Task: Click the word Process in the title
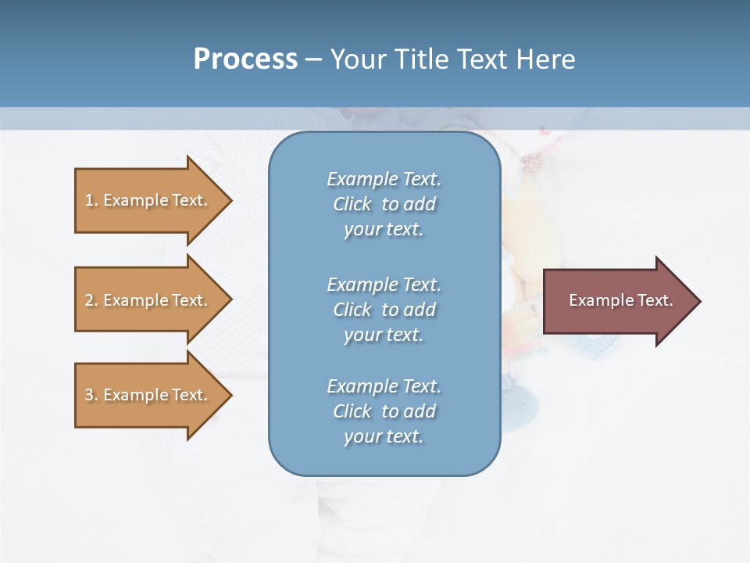[x=245, y=59]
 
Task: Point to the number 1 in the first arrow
[x=89, y=200]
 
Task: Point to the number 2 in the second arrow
[x=89, y=300]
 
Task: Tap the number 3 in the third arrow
[x=89, y=395]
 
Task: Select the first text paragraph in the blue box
[x=384, y=204]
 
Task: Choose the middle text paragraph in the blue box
[x=384, y=310]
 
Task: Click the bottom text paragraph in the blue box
[x=384, y=411]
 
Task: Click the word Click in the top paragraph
[x=352, y=204]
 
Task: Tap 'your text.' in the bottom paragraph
[x=384, y=436]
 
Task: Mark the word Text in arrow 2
[x=189, y=300]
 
